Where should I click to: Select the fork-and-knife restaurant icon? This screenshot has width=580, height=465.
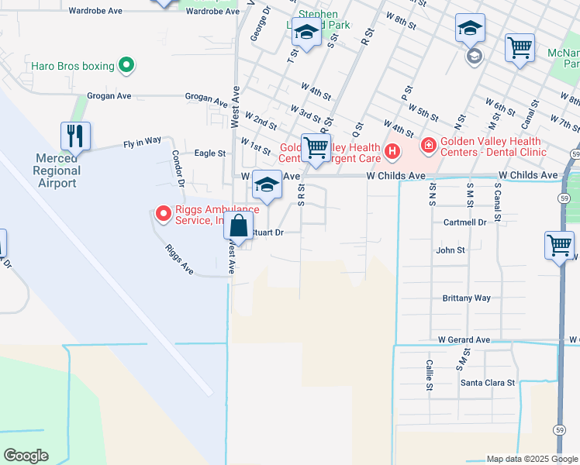tap(75, 136)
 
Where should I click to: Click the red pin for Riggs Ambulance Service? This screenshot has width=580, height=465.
tap(163, 212)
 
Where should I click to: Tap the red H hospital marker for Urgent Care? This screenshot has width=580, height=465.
tap(392, 150)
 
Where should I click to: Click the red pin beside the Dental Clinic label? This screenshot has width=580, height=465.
tap(426, 145)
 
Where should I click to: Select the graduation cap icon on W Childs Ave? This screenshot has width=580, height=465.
tap(267, 185)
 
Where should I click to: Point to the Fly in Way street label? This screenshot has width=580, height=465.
tap(142, 142)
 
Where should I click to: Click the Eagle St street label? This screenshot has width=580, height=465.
tap(209, 153)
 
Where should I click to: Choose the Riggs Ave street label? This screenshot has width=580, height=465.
tap(178, 259)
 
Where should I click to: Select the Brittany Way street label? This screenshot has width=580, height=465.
tap(466, 298)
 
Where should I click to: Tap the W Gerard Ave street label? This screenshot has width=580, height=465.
tap(464, 339)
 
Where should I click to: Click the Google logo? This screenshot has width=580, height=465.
tap(26, 456)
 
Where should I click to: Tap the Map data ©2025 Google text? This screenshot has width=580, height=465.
tap(531, 459)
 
